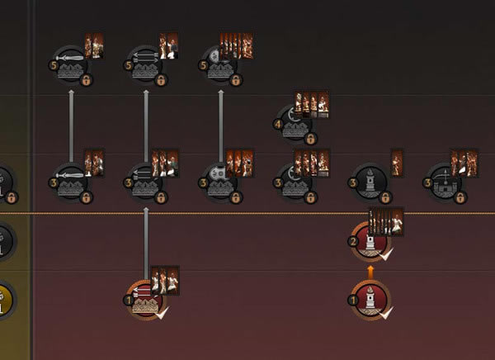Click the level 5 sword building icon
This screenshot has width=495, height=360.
tap(71, 64)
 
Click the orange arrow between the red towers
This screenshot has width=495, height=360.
tap(370, 272)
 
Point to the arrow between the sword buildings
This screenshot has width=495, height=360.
tap(71, 124)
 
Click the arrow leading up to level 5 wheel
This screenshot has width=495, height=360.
tap(220, 124)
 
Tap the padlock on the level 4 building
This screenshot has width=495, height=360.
tap(311, 138)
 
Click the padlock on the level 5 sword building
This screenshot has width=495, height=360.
tap(87, 80)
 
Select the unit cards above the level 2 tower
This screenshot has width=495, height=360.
tap(385, 220)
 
